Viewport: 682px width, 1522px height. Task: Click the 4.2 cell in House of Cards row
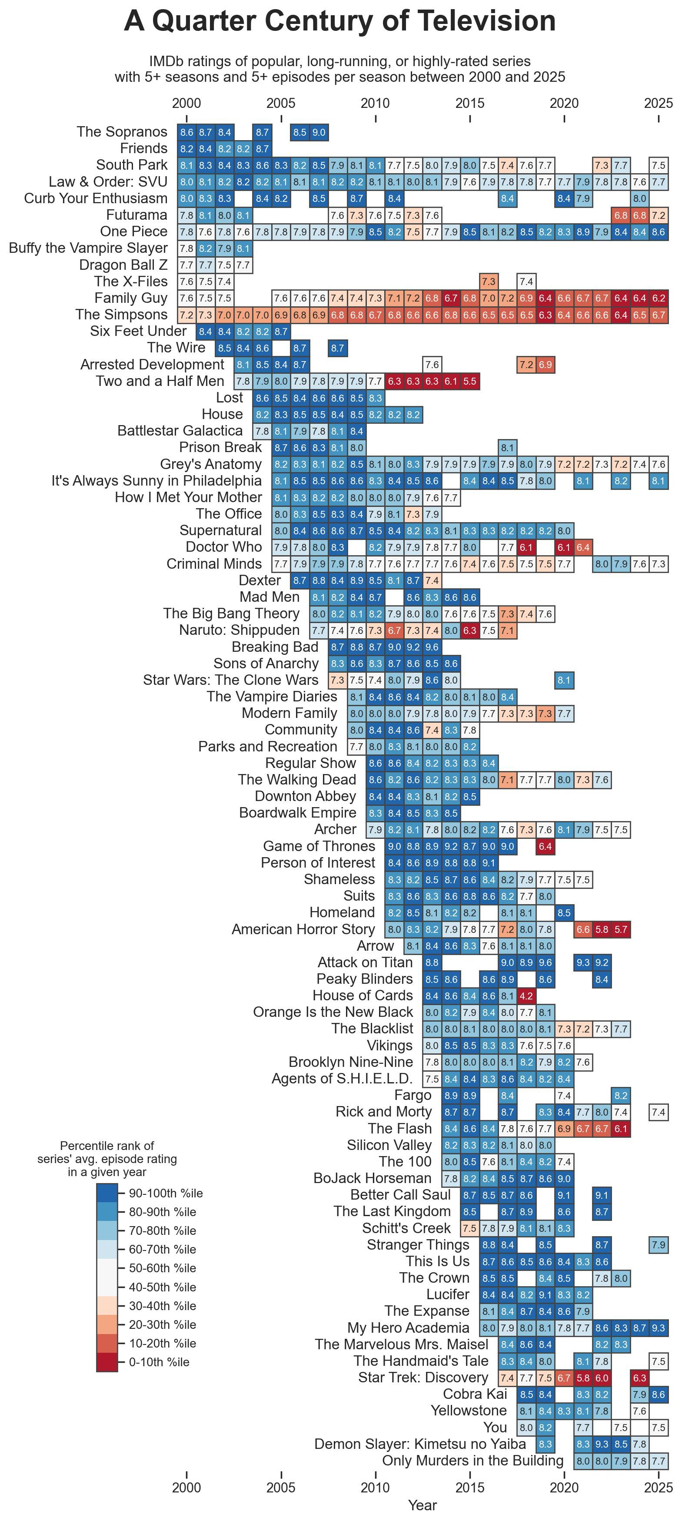[526, 996]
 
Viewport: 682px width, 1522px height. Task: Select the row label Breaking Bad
[275, 647]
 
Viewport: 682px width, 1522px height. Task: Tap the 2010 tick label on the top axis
[375, 104]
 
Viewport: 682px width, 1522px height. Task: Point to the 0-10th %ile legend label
[159, 1362]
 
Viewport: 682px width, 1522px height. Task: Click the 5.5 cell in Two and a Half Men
[469, 381]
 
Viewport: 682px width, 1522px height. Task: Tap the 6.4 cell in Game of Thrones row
[545, 846]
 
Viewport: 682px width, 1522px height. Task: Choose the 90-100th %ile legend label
[165, 1193]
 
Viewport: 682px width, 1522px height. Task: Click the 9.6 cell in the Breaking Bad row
[432, 647]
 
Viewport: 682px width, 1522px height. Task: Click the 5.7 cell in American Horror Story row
[621, 929]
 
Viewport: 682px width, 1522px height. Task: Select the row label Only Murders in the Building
[472, 1461]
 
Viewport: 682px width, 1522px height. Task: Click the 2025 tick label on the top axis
[659, 104]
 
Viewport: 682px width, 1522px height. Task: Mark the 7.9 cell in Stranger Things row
[659, 1245]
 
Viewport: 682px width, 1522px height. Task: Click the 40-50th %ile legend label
[163, 1287]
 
